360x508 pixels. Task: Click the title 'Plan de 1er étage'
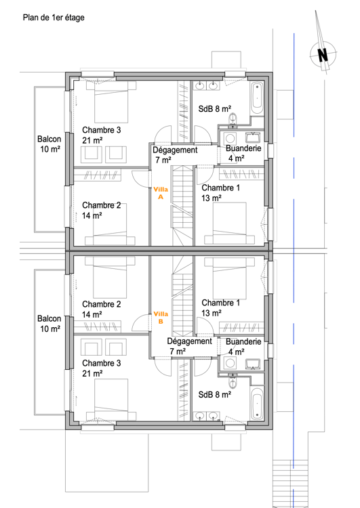54,18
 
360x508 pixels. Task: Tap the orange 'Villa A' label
161,193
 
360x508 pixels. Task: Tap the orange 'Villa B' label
161,317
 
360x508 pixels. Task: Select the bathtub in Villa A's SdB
257,99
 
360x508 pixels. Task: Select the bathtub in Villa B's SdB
257,404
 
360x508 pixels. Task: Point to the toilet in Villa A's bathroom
234,119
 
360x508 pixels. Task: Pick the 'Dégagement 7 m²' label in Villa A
174,155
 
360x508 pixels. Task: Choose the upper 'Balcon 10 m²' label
49,144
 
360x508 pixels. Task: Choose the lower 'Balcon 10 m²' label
49,323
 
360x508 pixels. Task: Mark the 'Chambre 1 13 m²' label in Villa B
220,308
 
